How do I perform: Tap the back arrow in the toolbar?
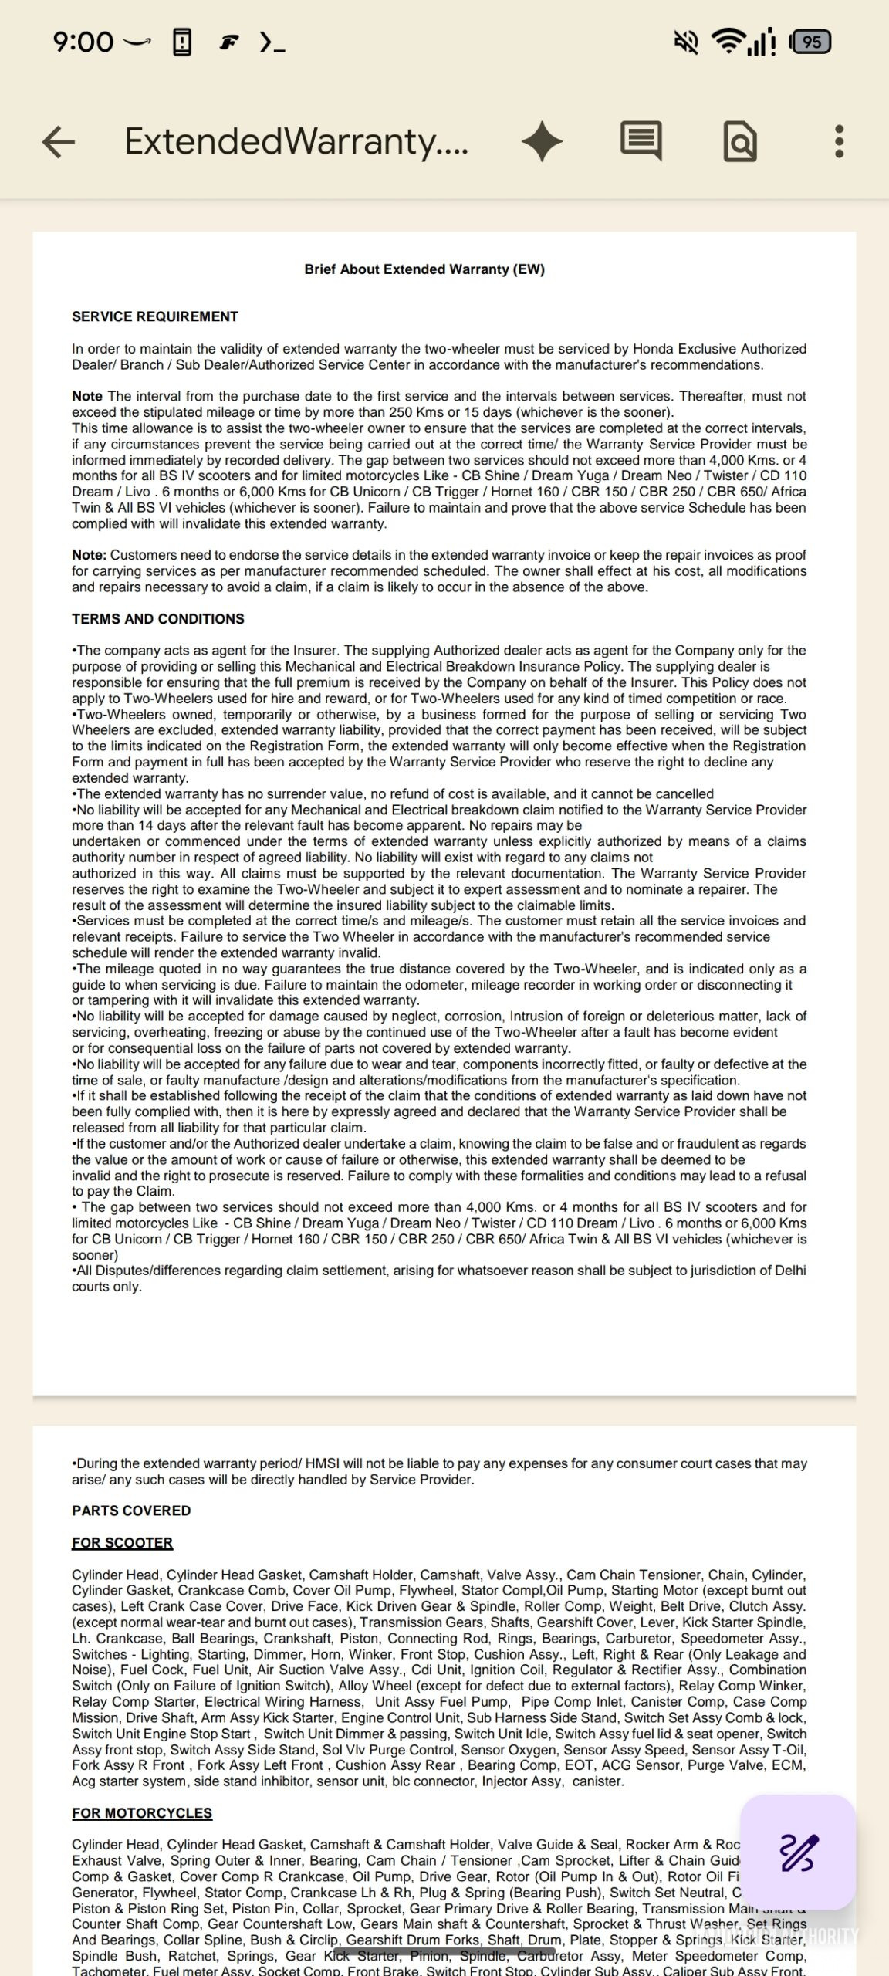coord(59,142)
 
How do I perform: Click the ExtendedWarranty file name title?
coord(296,142)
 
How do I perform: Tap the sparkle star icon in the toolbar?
coord(542,142)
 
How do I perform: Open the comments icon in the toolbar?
coord(641,141)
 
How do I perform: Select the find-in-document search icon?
coord(739,142)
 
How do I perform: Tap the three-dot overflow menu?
coord(839,142)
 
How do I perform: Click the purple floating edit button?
coord(798,1853)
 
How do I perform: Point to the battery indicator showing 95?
coord(810,42)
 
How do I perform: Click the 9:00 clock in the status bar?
coord(83,42)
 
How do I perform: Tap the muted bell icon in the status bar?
coord(686,42)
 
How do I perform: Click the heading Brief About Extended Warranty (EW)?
coord(424,269)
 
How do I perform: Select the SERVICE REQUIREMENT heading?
coord(155,316)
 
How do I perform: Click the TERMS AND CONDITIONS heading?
coord(158,619)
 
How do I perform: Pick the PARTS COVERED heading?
coord(131,1511)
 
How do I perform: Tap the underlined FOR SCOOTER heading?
coord(123,1542)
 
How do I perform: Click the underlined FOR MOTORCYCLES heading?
coord(142,1813)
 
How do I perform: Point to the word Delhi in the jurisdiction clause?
coord(789,1271)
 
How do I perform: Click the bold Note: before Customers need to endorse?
coord(89,555)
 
